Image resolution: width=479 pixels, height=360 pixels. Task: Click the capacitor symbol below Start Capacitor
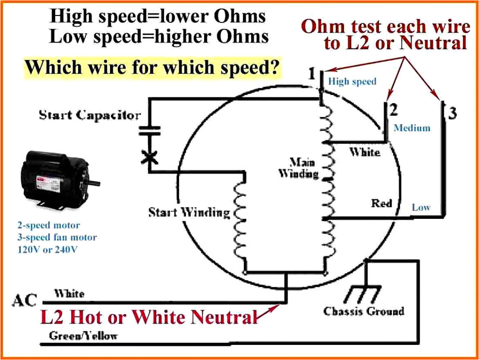148,130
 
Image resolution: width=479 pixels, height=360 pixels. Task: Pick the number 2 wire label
394,110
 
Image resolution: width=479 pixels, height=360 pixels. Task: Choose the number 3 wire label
452,112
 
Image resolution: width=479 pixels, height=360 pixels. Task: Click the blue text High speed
352,81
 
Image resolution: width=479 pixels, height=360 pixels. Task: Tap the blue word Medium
412,128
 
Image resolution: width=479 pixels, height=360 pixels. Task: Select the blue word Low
421,207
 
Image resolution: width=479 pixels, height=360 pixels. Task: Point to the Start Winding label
189,212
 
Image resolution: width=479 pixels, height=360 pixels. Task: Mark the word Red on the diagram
381,203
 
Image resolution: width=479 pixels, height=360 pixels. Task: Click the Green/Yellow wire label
83,336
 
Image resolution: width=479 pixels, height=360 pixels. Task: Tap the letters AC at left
25,301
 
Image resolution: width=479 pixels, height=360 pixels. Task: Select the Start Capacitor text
90,115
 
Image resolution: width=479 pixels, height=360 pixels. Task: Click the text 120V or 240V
47,250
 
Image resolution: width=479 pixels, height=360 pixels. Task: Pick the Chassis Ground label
364,311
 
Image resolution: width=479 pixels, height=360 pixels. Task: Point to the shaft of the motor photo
94,183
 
